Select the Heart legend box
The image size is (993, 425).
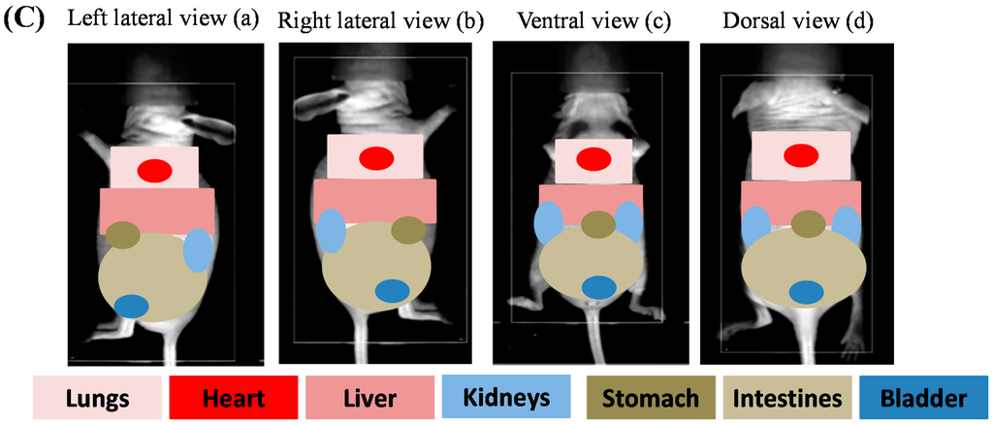click(233, 398)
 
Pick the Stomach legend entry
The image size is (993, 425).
click(651, 398)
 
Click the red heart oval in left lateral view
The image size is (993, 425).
click(154, 171)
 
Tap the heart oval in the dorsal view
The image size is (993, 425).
click(800, 155)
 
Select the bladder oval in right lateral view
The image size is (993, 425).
click(392, 291)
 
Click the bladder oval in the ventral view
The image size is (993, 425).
click(598, 288)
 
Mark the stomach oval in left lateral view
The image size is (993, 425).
click(123, 235)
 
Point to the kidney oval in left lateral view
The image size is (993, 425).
click(197, 250)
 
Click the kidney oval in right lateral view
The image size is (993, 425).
click(330, 233)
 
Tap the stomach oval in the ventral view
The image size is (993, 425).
click(598, 225)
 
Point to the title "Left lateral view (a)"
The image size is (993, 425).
click(163, 19)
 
